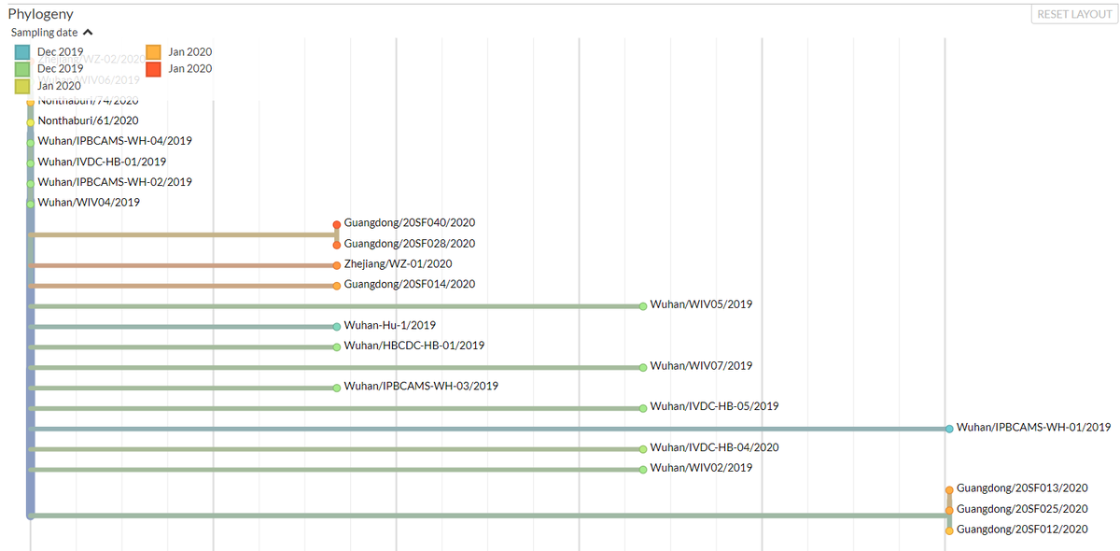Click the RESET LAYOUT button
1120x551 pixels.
coord(1074,15)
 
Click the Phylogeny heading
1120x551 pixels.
coord(41,14)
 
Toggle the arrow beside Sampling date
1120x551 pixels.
coord(88,33)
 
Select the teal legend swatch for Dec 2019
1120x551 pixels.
coord(23,51)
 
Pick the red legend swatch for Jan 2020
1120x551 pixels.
coord(154,68)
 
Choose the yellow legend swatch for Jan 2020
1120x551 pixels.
coord(23,86)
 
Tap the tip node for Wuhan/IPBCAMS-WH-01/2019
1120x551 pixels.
coord(949,429)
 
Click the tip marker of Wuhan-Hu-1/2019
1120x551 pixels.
coord(337,327)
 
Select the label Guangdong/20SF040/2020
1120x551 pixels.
coord(410,223)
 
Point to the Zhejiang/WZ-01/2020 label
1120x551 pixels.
coord(398,264)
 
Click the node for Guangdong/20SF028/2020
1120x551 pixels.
coord(337,245)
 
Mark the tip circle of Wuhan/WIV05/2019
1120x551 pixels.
coord(643,305)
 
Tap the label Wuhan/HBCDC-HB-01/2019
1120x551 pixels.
coord(413,346)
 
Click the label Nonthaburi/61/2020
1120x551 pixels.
coord(88,120)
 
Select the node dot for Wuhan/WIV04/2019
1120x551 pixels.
coord(31,204)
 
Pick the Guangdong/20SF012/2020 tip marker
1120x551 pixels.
coord(949,530)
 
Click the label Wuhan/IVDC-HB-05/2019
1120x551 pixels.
coord(714,406)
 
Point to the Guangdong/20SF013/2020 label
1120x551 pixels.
coord(1022,488)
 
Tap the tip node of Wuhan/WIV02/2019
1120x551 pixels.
coord(643,470)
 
